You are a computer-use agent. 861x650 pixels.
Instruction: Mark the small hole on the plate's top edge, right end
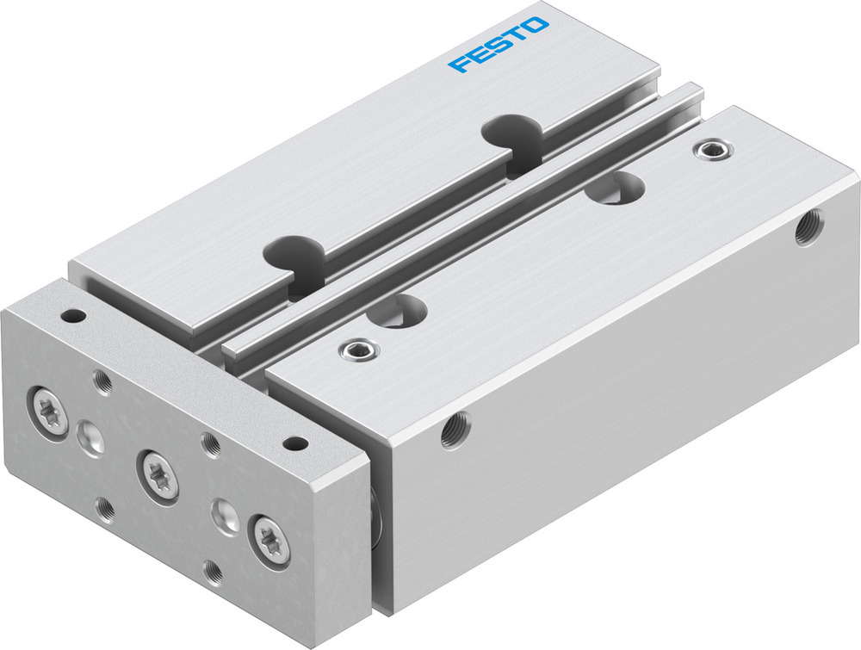tap(295, 443)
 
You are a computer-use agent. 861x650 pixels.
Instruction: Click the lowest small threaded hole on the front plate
tap(213, 571)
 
